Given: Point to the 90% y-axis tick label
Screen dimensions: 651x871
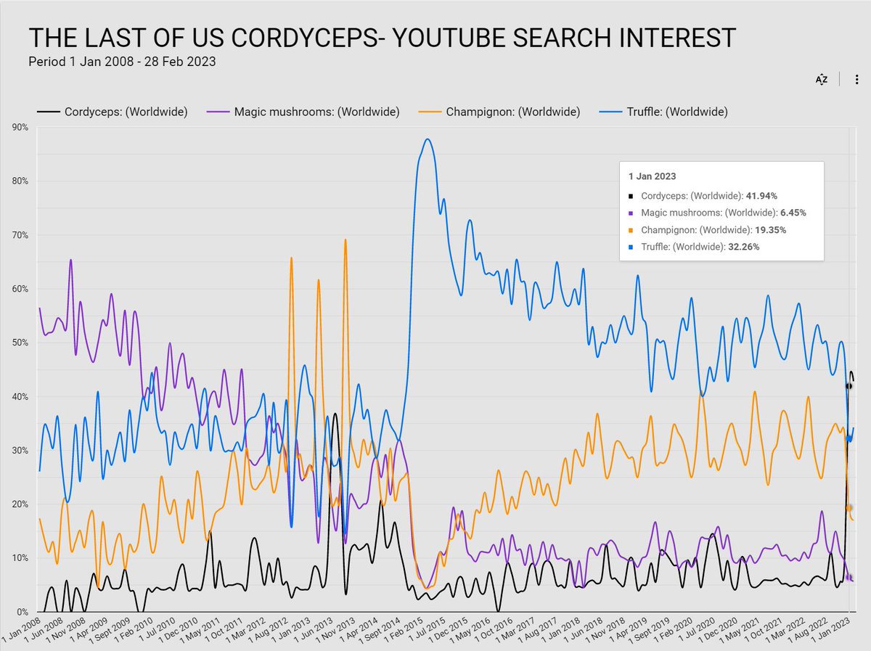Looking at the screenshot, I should click(20, 127).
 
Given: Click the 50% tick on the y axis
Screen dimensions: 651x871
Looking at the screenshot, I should click(20, 343).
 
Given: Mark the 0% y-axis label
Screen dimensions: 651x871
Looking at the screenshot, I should click(22, 612).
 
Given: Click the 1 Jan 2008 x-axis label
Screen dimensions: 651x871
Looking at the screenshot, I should click(20, 631).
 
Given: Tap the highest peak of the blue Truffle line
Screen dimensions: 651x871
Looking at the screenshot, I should click(428, 139).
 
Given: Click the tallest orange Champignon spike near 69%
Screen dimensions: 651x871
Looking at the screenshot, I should click(345, 240).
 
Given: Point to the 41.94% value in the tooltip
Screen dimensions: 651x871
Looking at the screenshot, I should click(763, 196).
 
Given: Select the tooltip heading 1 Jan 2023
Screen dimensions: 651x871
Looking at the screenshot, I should click(652, 176).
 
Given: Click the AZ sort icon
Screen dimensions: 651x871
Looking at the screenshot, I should click(822, 80).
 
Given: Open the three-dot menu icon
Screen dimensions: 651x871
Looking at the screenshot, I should click(856, 80).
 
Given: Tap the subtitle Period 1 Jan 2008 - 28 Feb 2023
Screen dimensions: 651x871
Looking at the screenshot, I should click(122, 62).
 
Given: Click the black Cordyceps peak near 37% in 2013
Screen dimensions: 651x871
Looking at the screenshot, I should click(335, 414).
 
